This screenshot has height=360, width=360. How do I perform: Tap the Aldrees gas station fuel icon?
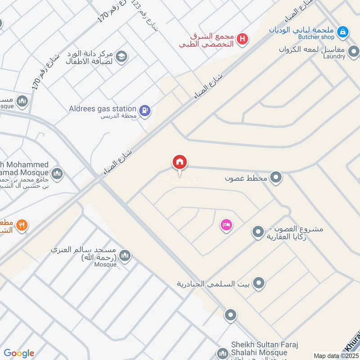pyautogui.click(x=144, y=110)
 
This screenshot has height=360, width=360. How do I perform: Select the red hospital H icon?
pyautogui.click(x=243, y=40)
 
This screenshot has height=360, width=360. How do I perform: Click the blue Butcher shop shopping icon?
pyautogui.click(x=343, y=31)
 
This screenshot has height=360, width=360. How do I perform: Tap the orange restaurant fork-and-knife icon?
pyautogui.click(x=22, y=225)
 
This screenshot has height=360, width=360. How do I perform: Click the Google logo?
pyautogui.click(x=19, y=353)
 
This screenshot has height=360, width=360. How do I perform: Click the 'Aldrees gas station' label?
pyautogui.click(x=103, y=108)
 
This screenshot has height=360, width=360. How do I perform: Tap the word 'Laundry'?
pyautogui.click(x=334, y=57)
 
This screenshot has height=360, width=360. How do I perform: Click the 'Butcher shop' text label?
pyautogui.click(x=316, y=37)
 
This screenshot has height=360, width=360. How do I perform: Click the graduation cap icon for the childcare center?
pyautogui.click(x=121, y=57)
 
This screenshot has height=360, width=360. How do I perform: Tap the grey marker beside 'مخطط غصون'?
pyautogui.click(x=276, y=178)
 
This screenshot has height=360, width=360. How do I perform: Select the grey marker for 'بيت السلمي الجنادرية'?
pyautogui.click(x=258, y=283)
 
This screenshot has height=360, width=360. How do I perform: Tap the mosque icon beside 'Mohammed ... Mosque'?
pyautogui.click(x=57, y=173)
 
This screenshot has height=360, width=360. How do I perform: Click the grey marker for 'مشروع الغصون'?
pyautogui.click(x=258, y=233)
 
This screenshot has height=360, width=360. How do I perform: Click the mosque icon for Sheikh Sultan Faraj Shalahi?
pyautogui.click(x=222, y=353)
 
